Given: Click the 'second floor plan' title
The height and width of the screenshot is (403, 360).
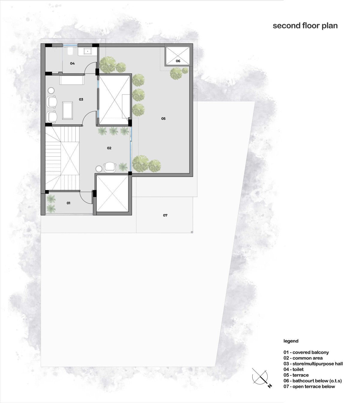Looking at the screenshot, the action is pos(305,26).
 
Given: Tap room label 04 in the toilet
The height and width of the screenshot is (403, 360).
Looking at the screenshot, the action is pos(72,64).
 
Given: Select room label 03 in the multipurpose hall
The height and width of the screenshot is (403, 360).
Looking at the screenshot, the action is pos(81,99).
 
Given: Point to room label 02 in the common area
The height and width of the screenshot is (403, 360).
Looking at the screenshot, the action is pos(109,148).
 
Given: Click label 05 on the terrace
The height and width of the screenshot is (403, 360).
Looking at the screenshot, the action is pos(163,118).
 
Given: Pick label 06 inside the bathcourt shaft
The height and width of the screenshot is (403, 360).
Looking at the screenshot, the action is pos(178,61).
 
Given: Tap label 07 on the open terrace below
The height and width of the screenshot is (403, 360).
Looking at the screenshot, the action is pos(165,215).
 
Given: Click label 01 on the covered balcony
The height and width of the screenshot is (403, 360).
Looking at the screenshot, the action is pos(68,203).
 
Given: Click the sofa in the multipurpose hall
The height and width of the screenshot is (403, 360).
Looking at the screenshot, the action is pos(72,80).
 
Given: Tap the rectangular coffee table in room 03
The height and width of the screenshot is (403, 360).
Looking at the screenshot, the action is pos(67,110).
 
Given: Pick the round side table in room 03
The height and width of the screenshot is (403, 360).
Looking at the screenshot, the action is pos(51,91).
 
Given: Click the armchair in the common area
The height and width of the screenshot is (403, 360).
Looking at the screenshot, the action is pos(110,167).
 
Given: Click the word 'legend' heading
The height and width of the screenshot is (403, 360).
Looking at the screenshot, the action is pos(291,341).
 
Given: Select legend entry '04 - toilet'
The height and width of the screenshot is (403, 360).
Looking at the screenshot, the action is pos(293,369).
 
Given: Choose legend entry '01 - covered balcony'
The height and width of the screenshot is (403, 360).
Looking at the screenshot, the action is pos(306,352).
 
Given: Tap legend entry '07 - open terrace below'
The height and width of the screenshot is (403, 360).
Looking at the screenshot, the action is pos(309,387).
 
